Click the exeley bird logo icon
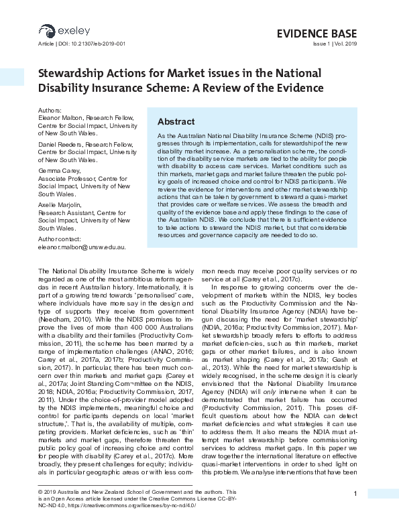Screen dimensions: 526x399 pyautogui.click(x=46, y=30)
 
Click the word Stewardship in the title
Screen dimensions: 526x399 pyautogui.click(x=70, y=73)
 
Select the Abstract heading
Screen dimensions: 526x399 pyautogui.click(x=176, y=122)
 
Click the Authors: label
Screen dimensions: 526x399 pyautogui.click(x=50, y=111)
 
